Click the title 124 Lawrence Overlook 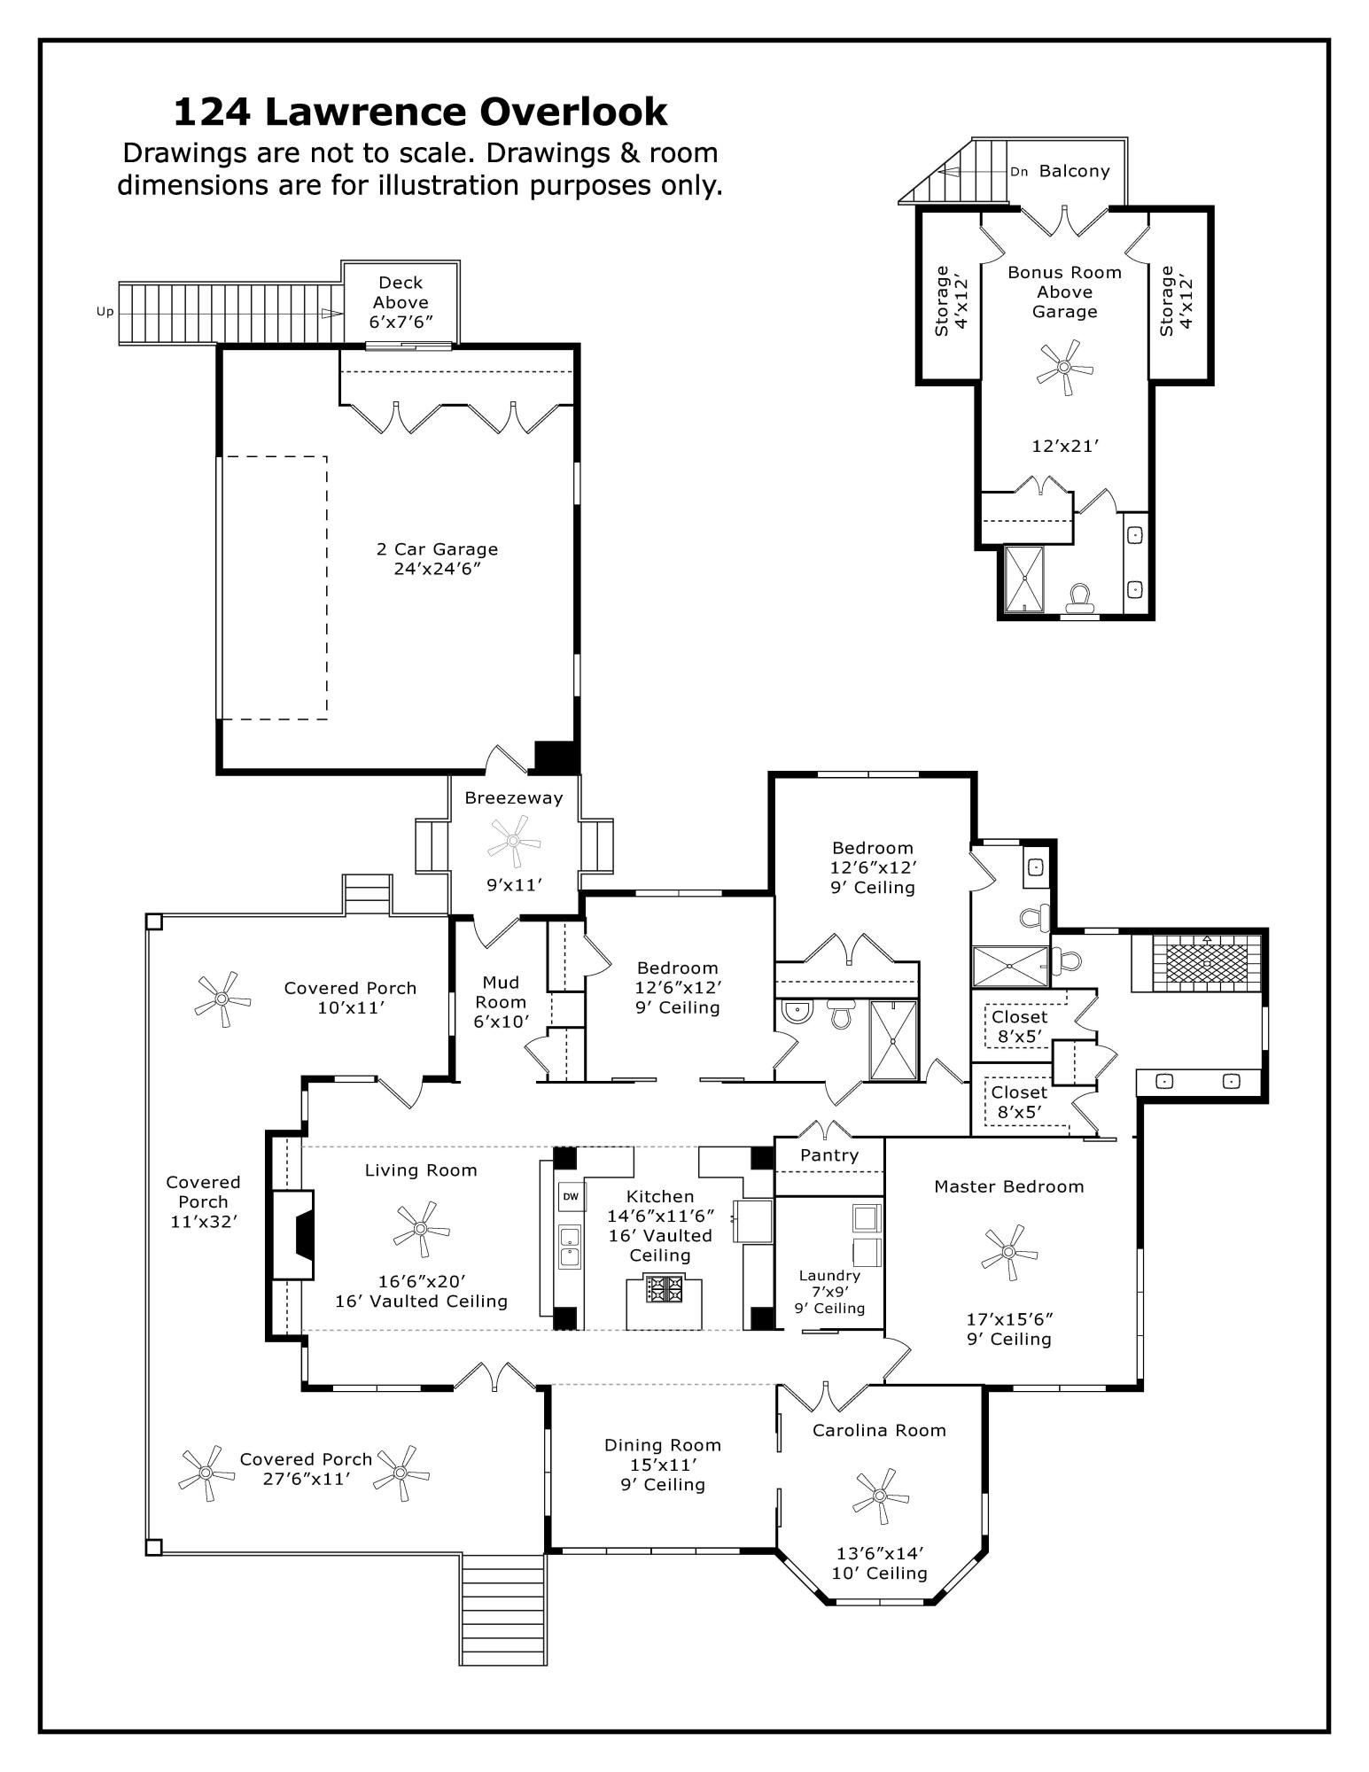coord(420,113)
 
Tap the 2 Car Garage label coord(437,549)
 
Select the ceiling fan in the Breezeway coord(514,843)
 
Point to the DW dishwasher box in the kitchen coord(570,1196)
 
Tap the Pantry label coord(828,1155)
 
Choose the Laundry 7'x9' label coord(829,1284)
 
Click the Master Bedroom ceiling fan coord(1008,1252)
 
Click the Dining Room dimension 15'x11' coord(663,1465)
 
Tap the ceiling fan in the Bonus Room coord(1064,367)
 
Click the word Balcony coord(1074,171)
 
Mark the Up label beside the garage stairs coord(105,312)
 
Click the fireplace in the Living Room coord(293,1235)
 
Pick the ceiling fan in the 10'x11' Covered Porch coord(222,999)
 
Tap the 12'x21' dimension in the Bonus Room coord(1065,446)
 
